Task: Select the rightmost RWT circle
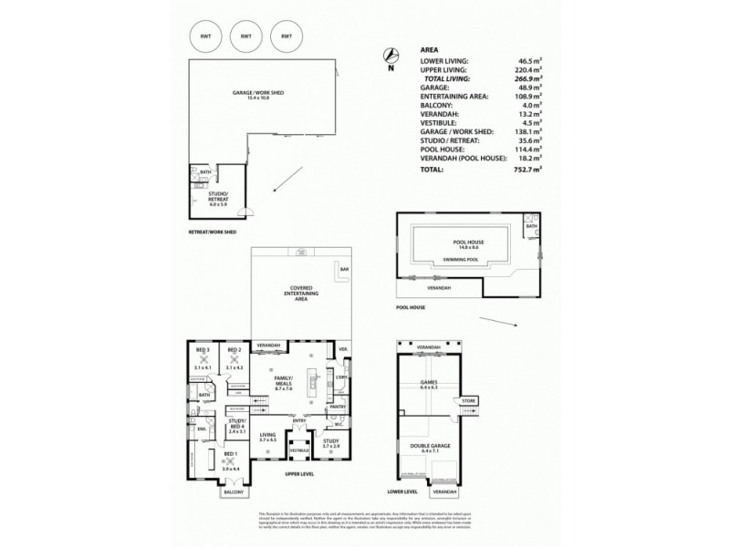[287, 36]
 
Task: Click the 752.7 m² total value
[527, 169]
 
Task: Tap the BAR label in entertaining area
[344, 270]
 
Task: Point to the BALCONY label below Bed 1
[232, 492]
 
